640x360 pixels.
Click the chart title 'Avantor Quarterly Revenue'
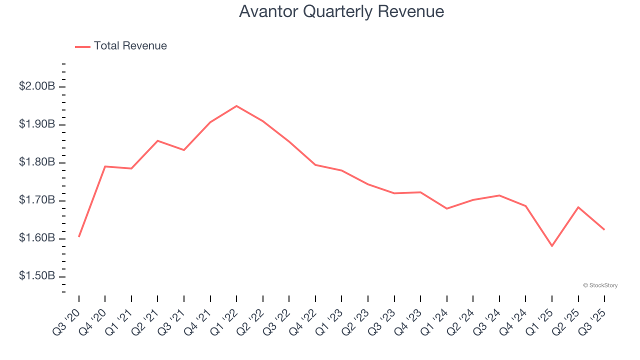coord(341,11)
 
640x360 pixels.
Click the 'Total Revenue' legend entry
coord(130,46)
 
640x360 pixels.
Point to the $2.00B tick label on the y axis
coord(37,86)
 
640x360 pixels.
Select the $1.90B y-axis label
coord(37,124)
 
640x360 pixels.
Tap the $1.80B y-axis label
coord(37,162)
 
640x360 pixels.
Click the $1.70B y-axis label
coord(37,200)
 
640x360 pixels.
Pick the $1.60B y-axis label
coord(37,238)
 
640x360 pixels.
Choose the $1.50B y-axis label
coord(37,276)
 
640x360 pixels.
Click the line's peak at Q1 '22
coord(236,106)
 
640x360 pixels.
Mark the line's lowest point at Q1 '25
coord(552,246)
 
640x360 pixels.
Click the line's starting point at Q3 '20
coord(79,236)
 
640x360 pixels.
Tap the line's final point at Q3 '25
coord(604,229)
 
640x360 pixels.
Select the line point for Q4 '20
coord(105,166)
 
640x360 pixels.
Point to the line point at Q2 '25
coord(578,207)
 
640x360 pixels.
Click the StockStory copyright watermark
coord(600,285)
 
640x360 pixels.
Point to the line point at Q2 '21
coord(157,141)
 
